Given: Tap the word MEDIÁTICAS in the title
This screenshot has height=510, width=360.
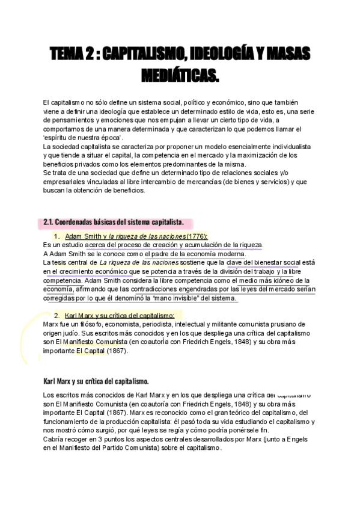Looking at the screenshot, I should pos(180,76).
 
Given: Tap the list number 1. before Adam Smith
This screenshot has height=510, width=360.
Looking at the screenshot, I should pos(57,236).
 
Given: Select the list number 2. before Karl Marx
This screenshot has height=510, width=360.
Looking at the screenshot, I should pos(57,315).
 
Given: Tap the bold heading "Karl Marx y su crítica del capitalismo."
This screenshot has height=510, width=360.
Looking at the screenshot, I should pos(96,381).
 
